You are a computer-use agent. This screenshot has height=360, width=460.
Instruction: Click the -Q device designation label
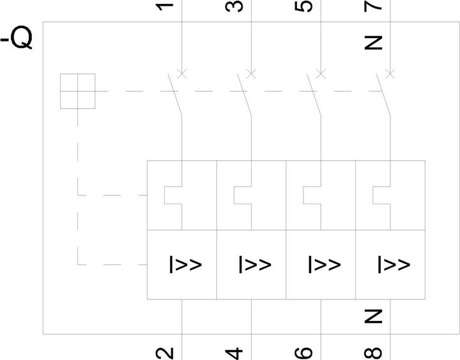17,38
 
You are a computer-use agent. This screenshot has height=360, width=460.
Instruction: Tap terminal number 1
165,6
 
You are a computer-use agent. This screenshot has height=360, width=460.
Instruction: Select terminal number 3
234,6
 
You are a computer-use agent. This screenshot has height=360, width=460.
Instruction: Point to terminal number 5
303,6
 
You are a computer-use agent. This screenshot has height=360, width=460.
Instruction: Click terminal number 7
373,6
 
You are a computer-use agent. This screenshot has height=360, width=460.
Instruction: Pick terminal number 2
165,353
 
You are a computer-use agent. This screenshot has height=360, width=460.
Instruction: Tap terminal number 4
234,354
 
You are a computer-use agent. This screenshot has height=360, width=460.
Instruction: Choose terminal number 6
303,353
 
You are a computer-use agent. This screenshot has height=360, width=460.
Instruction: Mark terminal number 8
373,353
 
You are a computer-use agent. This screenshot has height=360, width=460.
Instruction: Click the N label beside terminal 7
373,43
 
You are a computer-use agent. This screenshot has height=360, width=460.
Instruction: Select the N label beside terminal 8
373,317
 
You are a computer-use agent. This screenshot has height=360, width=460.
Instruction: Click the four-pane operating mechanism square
77,91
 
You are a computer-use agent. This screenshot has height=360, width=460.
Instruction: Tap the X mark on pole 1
182,73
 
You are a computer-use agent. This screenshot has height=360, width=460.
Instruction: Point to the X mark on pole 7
390,73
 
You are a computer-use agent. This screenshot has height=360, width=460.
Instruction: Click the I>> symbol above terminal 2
186,265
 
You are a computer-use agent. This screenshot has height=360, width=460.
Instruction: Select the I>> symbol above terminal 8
394,265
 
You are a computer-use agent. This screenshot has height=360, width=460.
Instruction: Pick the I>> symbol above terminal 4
255,265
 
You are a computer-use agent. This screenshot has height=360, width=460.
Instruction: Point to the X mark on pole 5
321,73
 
